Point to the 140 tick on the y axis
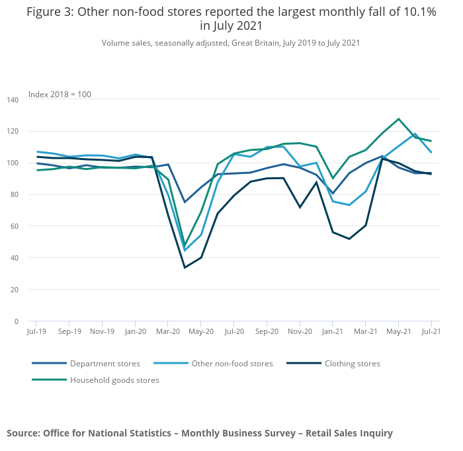13,99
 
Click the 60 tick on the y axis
15,226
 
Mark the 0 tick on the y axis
17,321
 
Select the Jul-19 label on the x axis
36,331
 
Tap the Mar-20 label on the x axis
168,331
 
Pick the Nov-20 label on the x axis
300,331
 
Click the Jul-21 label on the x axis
431,331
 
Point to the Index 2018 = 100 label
60,95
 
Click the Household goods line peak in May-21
399,119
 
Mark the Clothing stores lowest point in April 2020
185,267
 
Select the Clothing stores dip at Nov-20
300,207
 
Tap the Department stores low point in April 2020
185,202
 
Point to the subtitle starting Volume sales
231,43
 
